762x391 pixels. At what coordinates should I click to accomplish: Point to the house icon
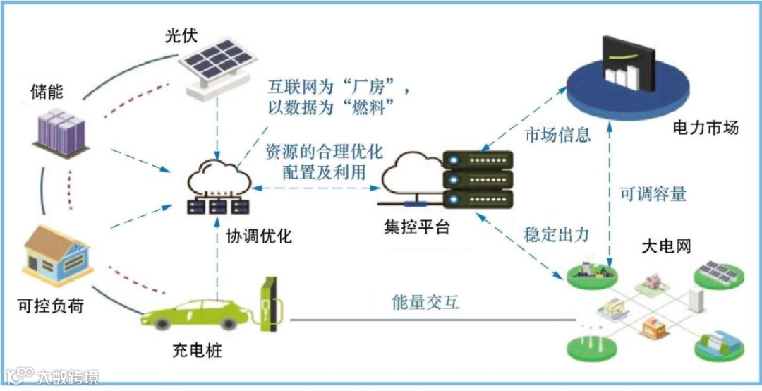pyautogui.click(x=58, y=253)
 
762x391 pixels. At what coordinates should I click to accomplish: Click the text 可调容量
pyautogui.click(x=653, y=195)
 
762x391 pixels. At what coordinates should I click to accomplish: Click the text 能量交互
pyautogui.click(x=425, y=303)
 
